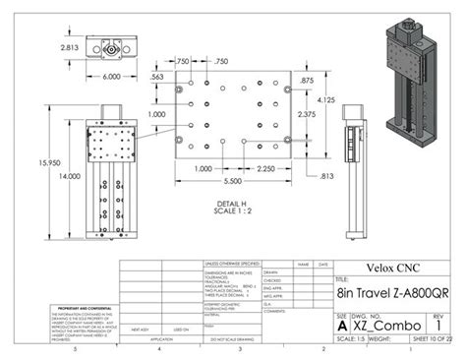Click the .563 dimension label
(x=155, y=76)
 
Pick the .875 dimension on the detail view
(x=308, y=80)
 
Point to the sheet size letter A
(x=341, y=324)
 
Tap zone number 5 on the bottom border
(x=74, y=349)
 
